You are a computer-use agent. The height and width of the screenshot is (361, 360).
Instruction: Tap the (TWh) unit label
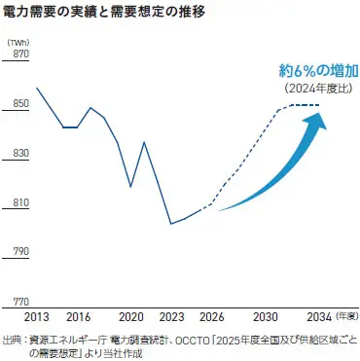(18, 44)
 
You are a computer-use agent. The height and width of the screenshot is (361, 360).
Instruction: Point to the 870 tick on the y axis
(17, 54)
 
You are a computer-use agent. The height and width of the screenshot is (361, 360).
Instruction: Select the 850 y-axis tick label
(17, 105)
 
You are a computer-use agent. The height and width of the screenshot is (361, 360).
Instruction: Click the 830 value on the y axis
(17, 155)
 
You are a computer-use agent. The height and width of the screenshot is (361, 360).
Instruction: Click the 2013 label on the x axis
(37, 318)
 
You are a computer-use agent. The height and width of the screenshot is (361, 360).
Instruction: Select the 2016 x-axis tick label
(78, 318)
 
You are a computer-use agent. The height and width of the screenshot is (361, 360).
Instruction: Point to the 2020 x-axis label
(131, 318)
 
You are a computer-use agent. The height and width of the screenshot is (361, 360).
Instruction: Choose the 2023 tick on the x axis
(172, 318)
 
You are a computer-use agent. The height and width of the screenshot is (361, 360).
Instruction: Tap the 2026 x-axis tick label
(212, 318)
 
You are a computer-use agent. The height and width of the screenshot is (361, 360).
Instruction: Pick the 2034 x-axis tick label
(319, 318)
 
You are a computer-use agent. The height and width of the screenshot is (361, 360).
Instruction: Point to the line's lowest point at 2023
(172, 224)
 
